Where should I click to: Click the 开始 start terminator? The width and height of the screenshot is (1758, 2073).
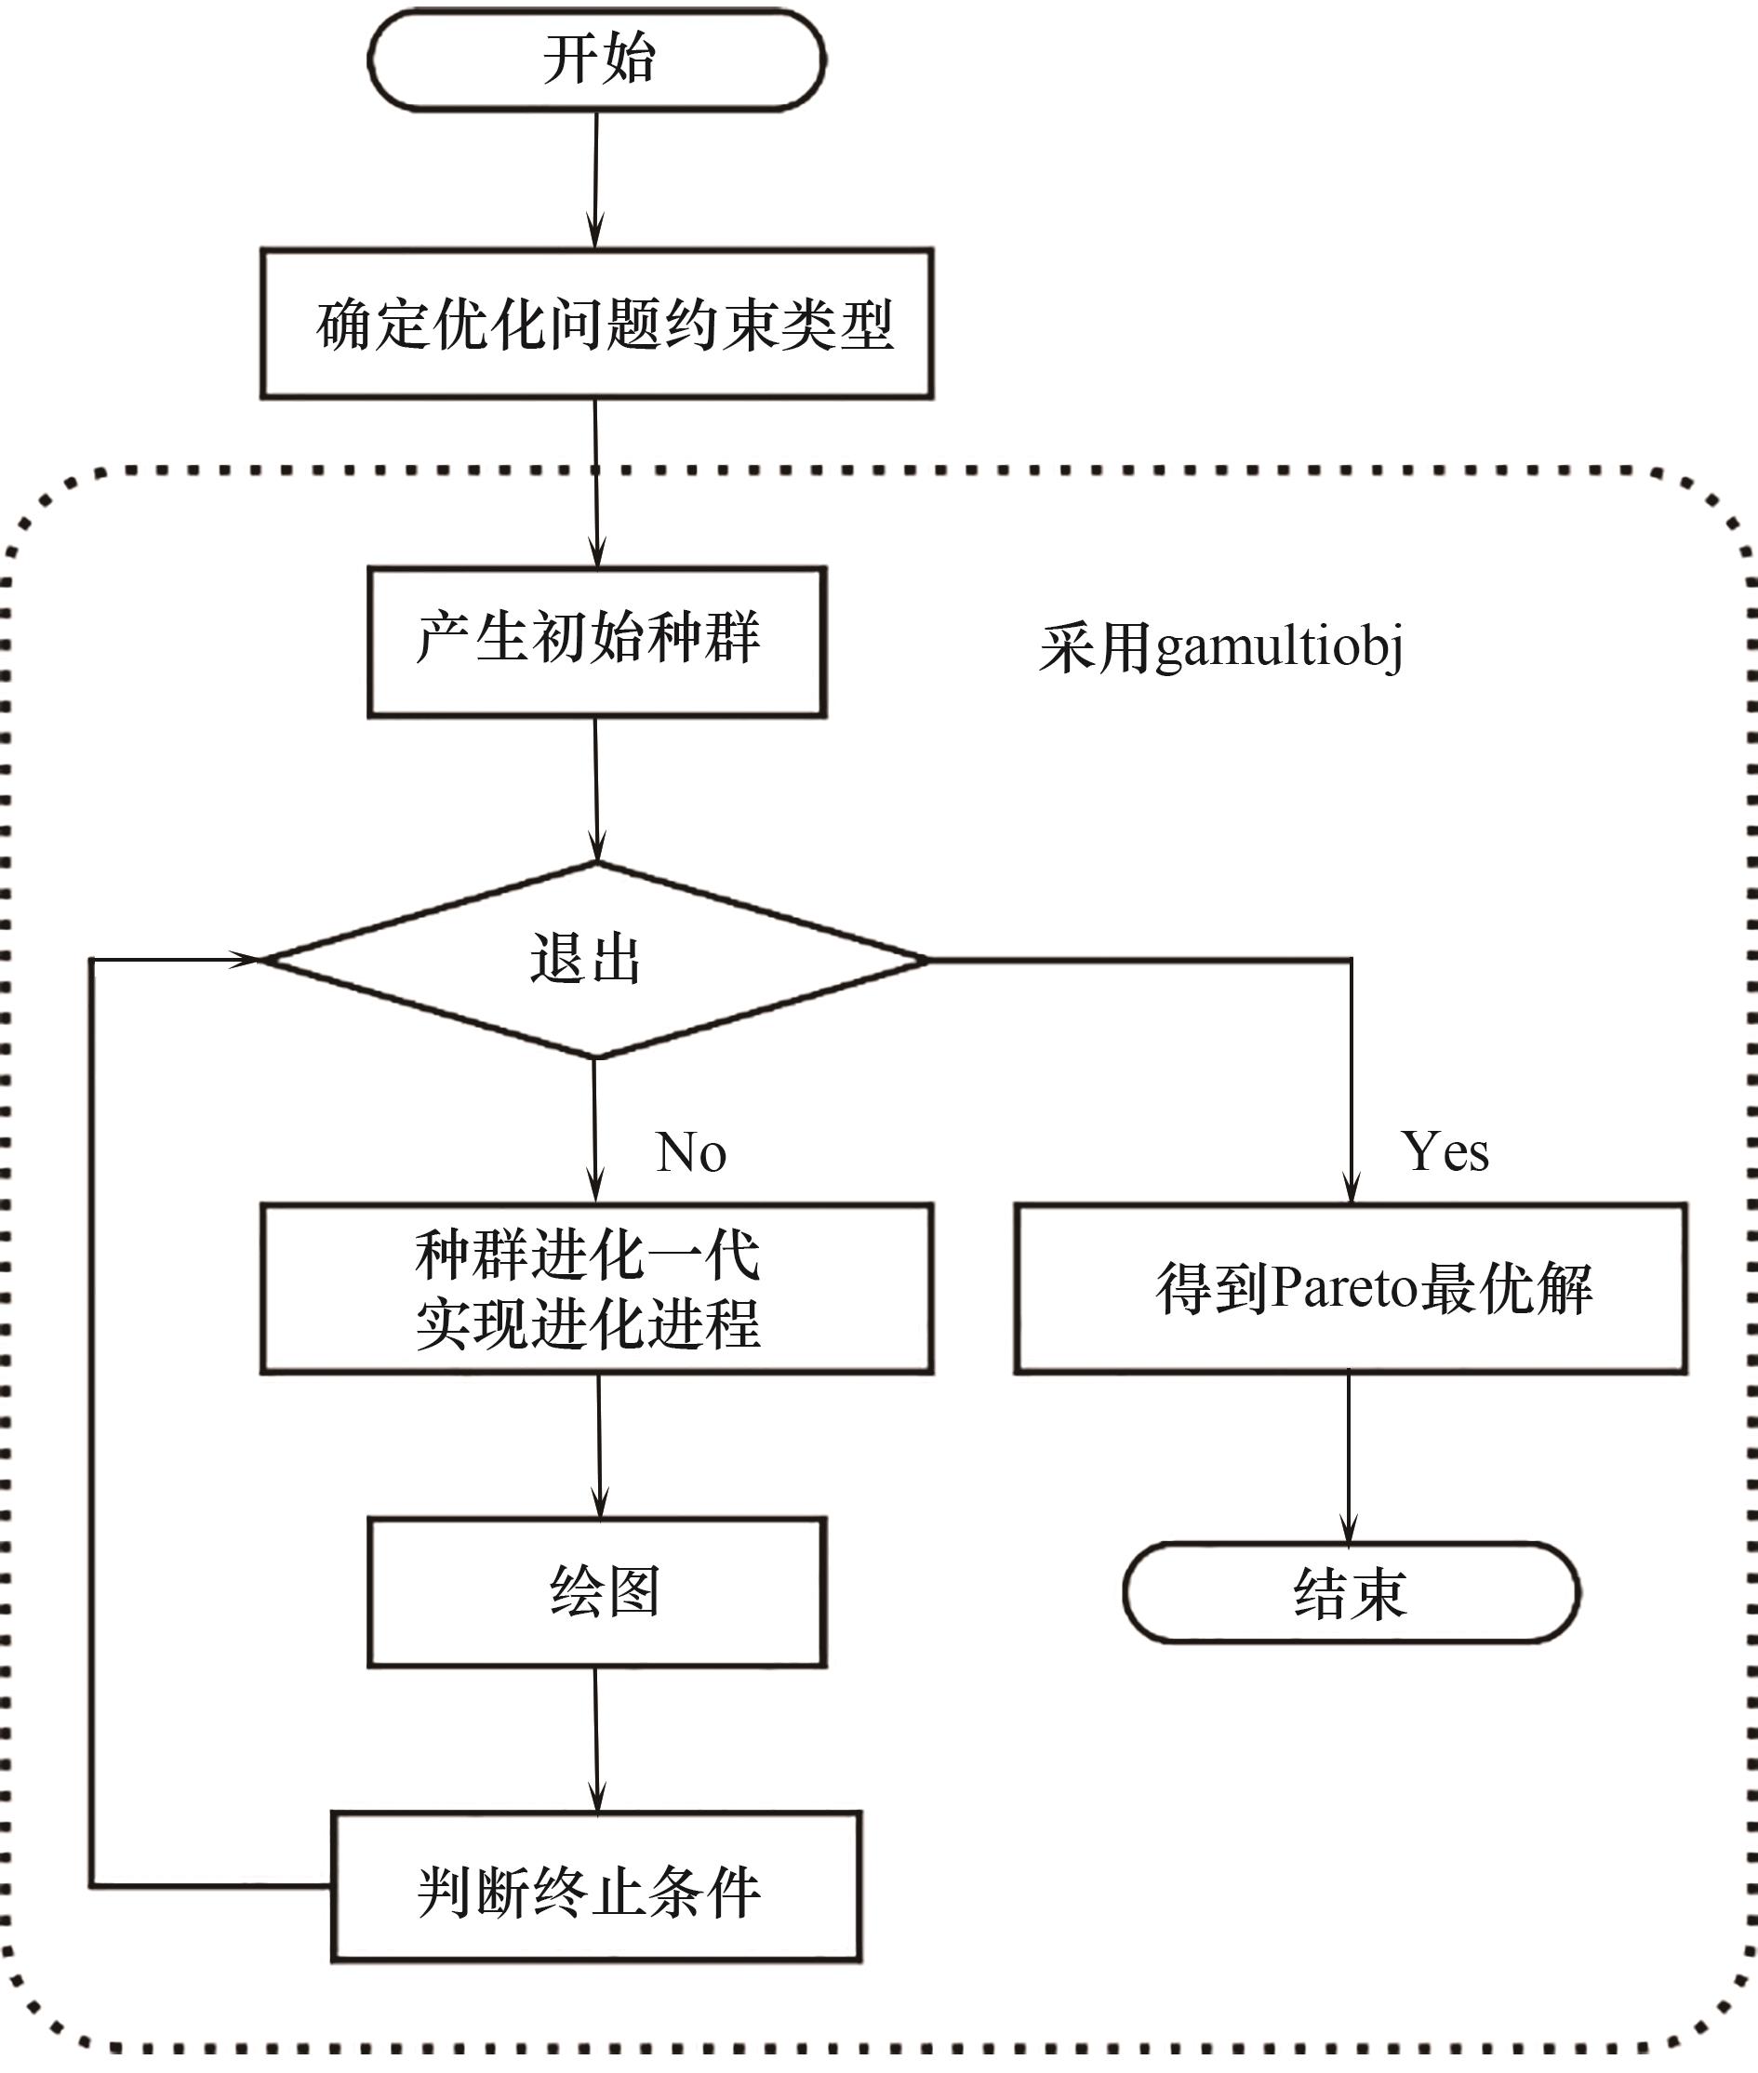[x=597, y=60]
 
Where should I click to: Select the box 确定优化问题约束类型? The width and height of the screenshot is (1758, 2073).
[x=597, y=324]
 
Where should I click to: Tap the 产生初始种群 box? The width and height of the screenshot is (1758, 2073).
[x=597, y=642]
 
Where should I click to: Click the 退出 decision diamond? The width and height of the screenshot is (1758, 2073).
[x=595, y=960]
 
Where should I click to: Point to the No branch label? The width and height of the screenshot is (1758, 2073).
[x=690, y=1153]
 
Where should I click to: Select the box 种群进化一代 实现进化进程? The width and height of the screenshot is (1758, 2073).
[x=597, y=1289]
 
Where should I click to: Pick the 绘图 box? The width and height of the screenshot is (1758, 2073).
[x=597, y=1592]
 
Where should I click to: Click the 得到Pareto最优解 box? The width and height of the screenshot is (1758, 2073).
[x=1351, y=1289]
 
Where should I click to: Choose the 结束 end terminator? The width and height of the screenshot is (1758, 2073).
[x=1351, y=1592]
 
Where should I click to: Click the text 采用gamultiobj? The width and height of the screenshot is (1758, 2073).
[x=1220, y=648]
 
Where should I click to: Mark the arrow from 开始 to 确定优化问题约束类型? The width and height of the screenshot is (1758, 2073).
[x=596, y=179]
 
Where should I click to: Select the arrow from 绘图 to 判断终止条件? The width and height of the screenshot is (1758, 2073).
[x=596, y=1739]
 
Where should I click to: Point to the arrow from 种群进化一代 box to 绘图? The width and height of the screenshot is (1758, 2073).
[x=599, y=1445]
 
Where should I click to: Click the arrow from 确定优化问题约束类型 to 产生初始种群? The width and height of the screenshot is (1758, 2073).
[x=596, y=484]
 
